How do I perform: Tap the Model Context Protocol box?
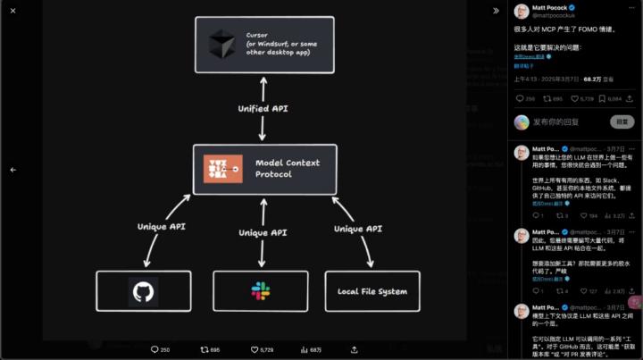(265, 169)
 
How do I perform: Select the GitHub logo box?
(143, 291)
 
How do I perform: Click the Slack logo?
(260, 291)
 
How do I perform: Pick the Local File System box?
(372, 291)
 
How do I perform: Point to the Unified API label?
(263, 108)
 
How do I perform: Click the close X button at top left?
(13, 11)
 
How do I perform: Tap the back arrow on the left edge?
(13, 169)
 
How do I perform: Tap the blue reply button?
(622, 121)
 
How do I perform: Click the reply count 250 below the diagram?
(159, 349)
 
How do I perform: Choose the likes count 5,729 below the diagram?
(260, 349)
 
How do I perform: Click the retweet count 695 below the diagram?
(210, 349)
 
